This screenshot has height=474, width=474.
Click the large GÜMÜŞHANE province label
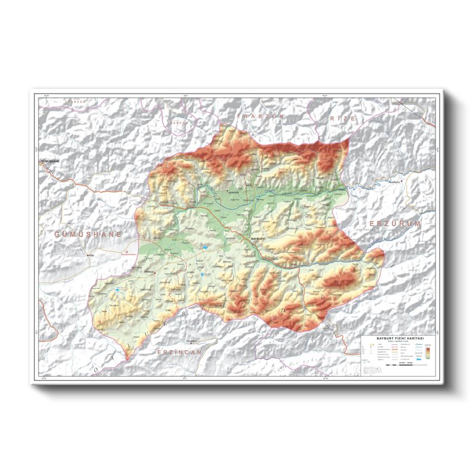[x=88, y=235]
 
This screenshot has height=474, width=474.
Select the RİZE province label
[x=344, y=118]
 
